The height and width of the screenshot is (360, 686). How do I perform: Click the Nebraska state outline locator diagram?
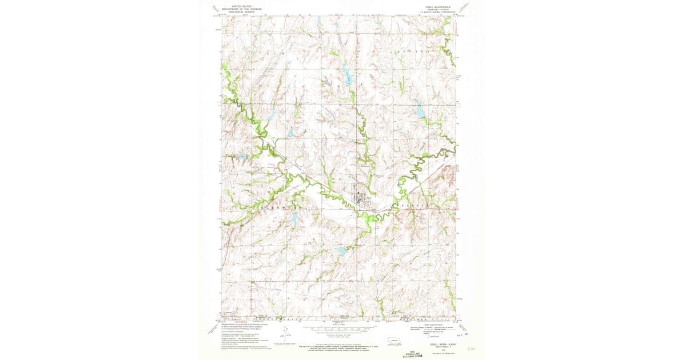pos(394,343)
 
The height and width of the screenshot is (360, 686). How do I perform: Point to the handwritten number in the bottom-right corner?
pos(471,347)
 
